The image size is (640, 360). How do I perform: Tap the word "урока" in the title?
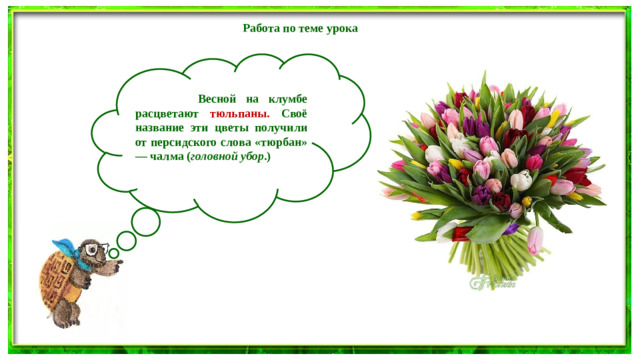340,28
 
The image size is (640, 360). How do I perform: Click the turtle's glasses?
94,250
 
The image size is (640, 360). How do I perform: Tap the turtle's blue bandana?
68,245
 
